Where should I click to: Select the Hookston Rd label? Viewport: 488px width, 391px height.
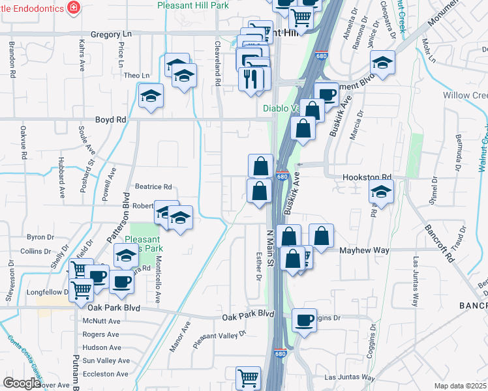(367, 177)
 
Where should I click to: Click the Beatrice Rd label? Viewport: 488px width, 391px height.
(153, 186)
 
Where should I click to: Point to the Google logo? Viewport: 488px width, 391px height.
(22, 383)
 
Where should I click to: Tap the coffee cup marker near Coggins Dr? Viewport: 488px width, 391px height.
(304, 320)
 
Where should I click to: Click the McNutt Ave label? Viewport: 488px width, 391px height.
(101, 321)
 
